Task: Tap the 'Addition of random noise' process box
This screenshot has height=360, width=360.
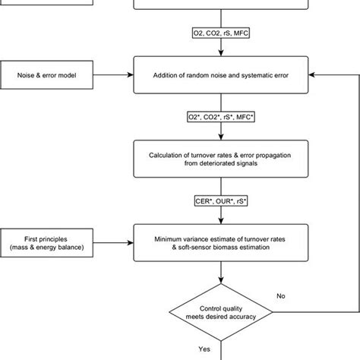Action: tap(223, 74)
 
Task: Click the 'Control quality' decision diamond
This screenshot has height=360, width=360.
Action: tap(223, 312)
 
